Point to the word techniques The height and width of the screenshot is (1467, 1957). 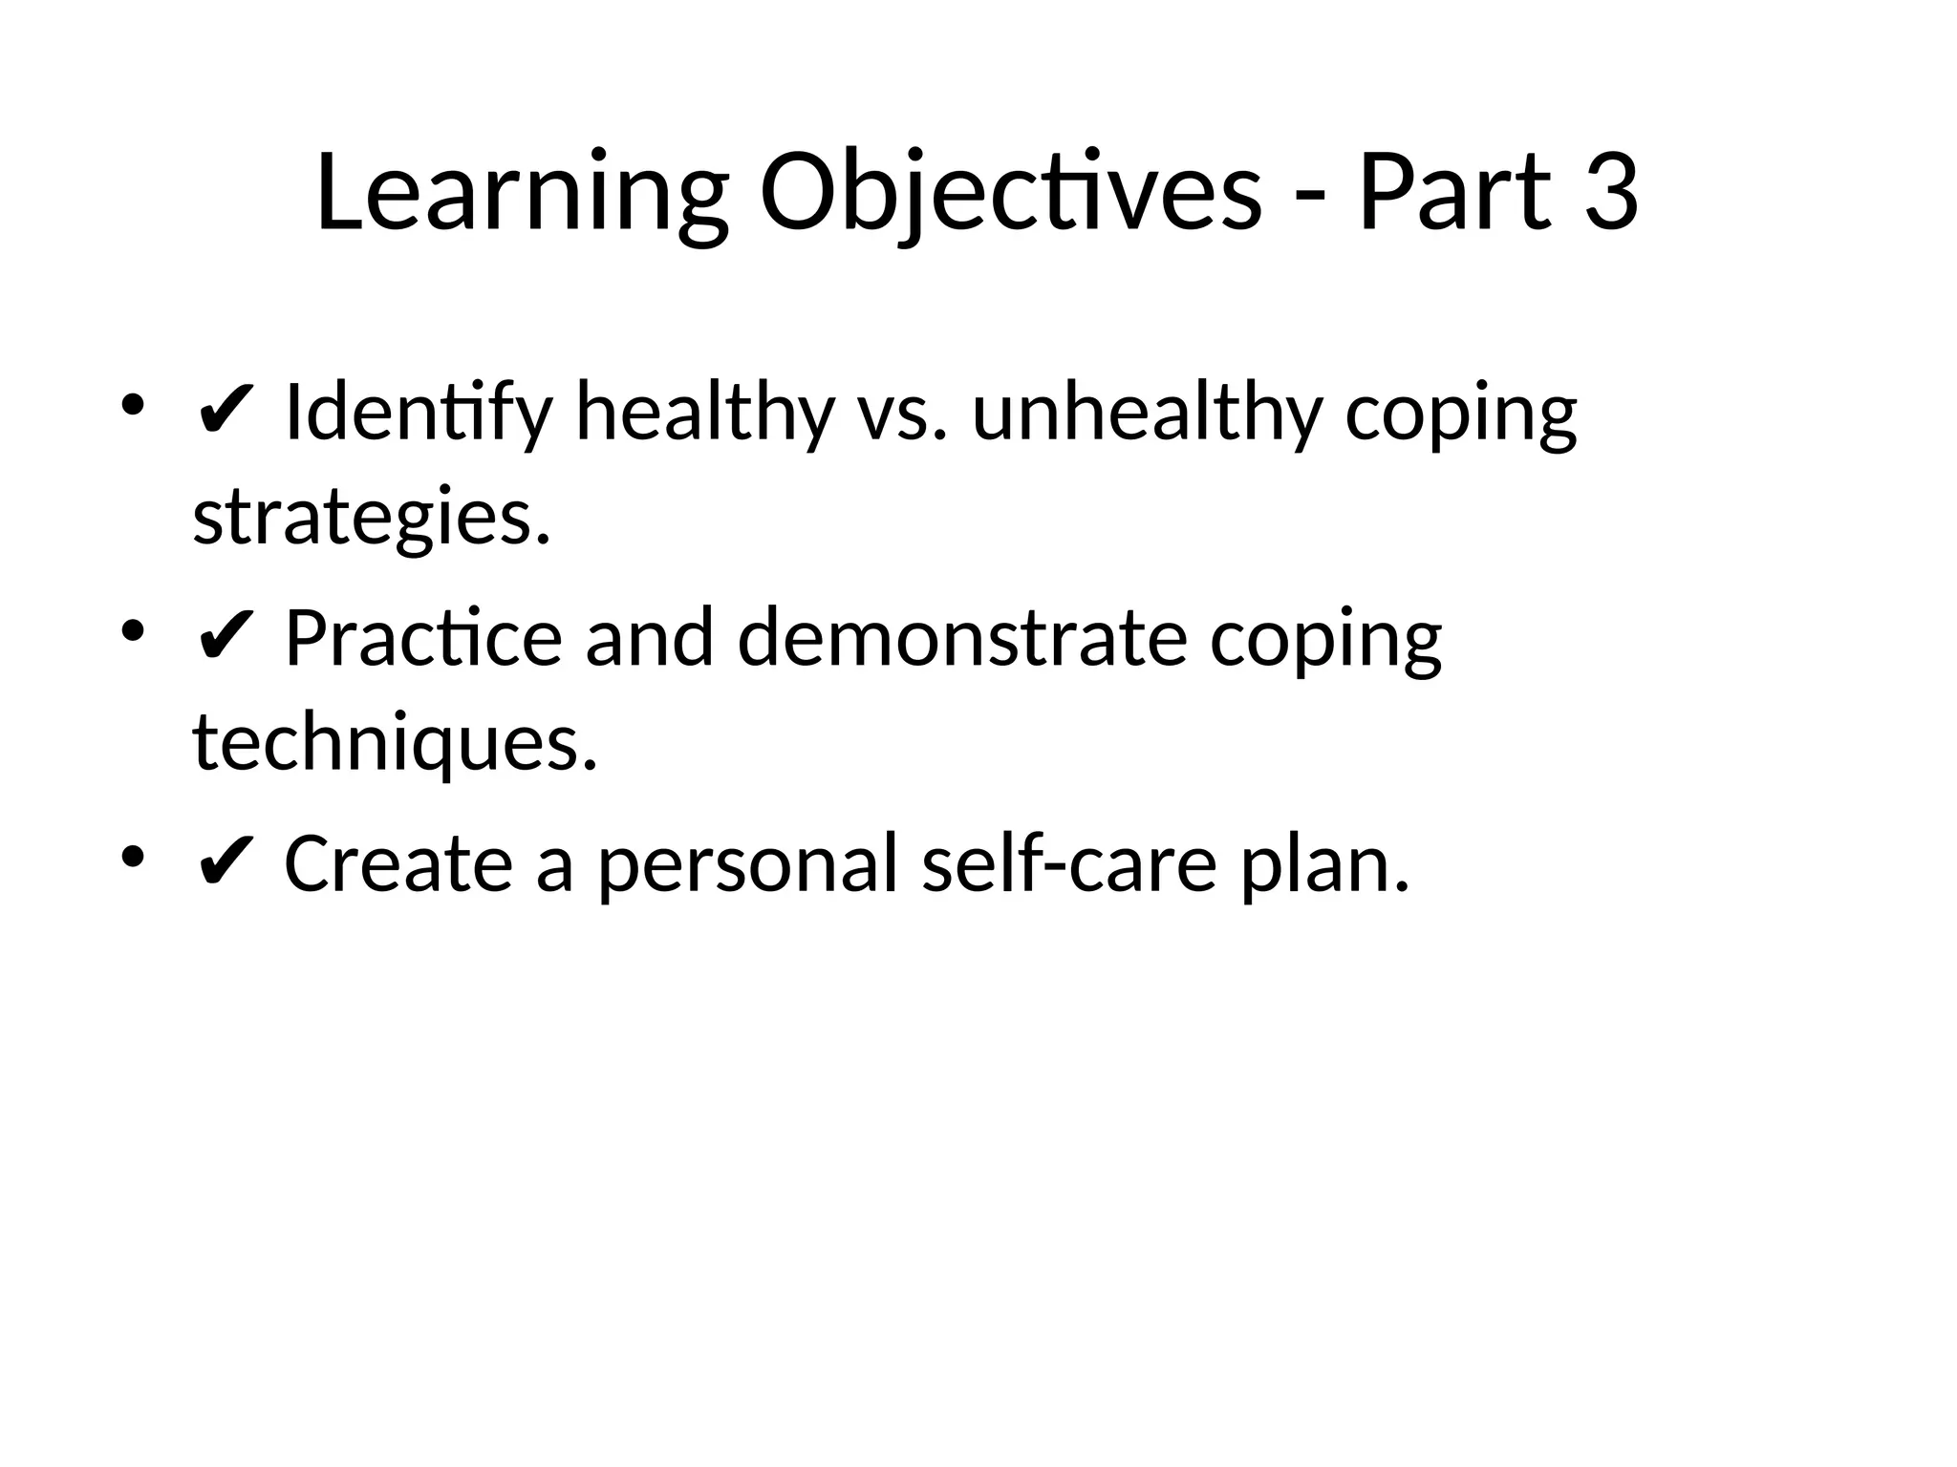click(395, 745)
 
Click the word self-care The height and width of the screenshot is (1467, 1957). click(1069, 864)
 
